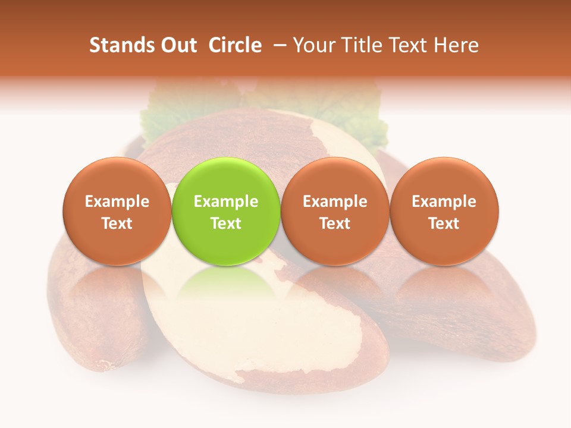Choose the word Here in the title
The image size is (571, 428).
tap(456, 45)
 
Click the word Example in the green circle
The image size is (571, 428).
tap(226, 202)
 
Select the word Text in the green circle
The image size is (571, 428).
tap(226, 224)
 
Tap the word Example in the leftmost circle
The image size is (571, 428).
tap(117, 202)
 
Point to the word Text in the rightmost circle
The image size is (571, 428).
tap(444, 224)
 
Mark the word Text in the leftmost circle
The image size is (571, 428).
tap(117, 224)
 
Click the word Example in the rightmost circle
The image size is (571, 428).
tap(444, 202)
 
